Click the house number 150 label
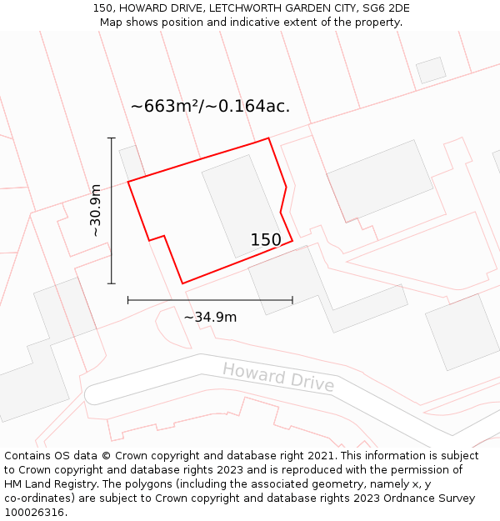pos(266,240)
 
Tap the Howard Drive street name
pos(278,377)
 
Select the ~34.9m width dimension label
pos(210,317)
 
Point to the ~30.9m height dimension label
pos(96,210)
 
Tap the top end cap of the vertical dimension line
pos(111,138)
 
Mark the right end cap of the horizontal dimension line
pos(292,300)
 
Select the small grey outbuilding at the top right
pos(431,70)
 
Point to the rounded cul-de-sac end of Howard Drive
pos(95,393)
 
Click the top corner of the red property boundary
pos(268,138)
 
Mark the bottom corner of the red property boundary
pos(182,283)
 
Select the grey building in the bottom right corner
pos(462,331)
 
